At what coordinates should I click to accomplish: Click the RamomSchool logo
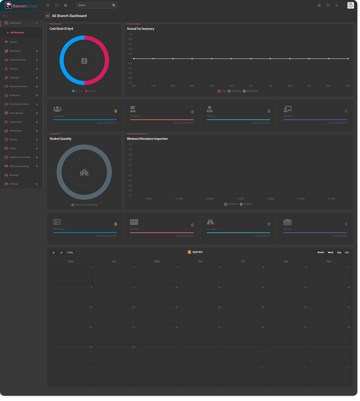tap(21, 5)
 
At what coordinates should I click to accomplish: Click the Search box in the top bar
tap(94, 5)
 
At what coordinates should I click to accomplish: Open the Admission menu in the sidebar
tap(15, 51)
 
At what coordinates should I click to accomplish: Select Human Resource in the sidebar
tap(18, 86)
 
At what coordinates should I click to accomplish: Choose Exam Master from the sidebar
tap(16, 113)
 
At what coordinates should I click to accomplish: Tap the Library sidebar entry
tap(13, 140)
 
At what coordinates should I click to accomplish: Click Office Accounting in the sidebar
tap(19, 167)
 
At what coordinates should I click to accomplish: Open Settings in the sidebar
tap(14, 184)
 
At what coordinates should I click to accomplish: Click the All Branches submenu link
tap(17, 33)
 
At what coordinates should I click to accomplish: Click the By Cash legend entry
tap(77, 91)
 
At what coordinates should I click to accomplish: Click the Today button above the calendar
tap(70, 253)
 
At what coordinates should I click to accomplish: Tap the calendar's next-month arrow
tap(61, 253)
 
